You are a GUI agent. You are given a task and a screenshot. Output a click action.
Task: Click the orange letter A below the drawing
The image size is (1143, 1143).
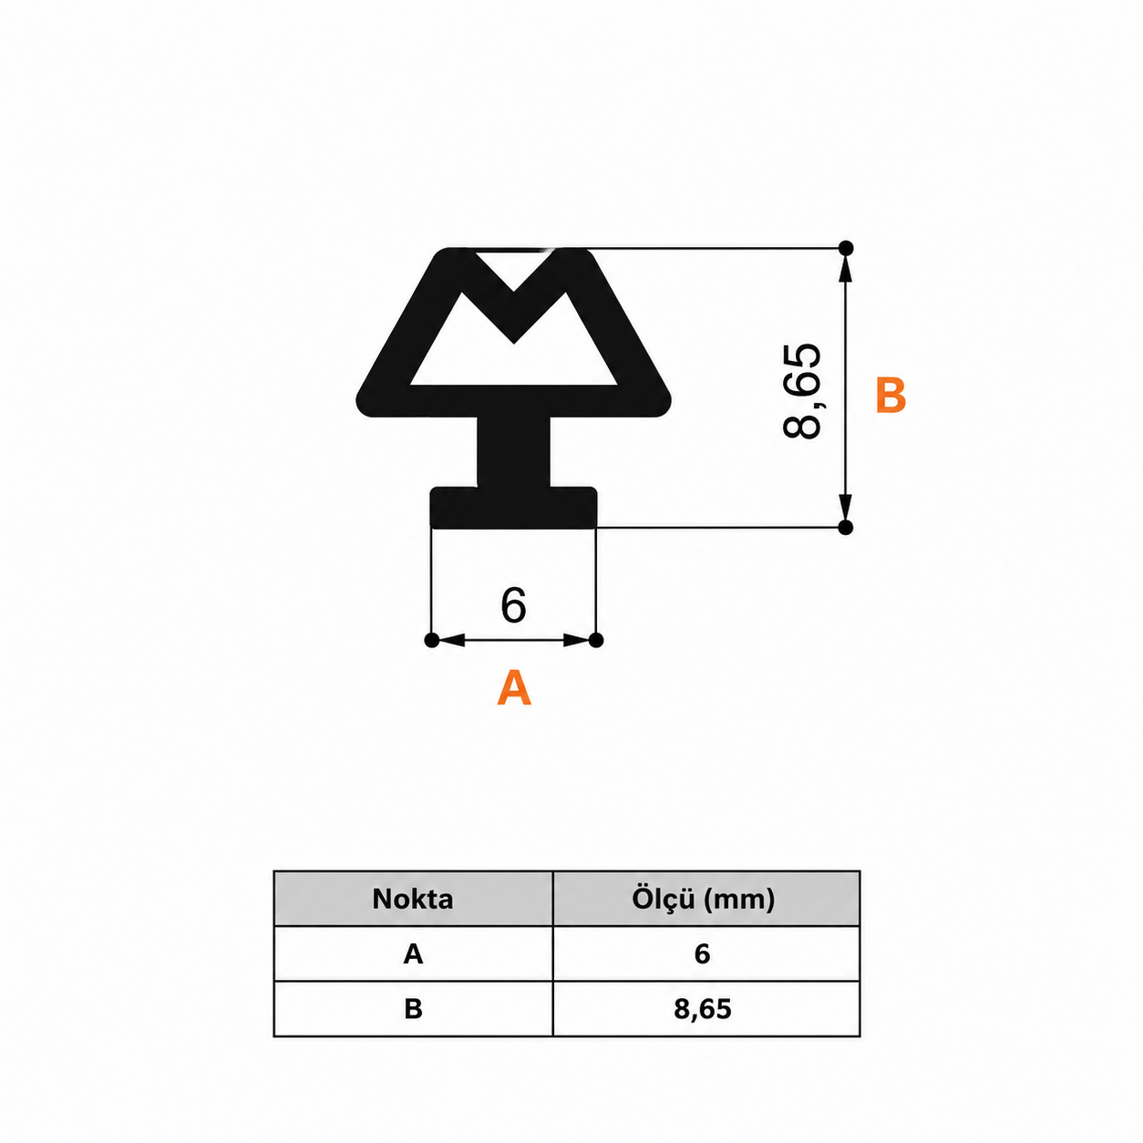point(514,687)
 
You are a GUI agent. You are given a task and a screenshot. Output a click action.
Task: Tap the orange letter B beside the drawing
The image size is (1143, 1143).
point(891,395)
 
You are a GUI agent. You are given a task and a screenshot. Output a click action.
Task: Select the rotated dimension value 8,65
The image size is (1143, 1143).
point(802,391)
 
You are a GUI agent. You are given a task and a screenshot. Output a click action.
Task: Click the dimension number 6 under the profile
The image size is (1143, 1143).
point(513,605)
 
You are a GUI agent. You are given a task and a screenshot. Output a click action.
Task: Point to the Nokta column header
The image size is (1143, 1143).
point(413,900)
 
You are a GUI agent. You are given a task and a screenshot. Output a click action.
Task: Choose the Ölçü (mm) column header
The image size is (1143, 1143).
point(703,900)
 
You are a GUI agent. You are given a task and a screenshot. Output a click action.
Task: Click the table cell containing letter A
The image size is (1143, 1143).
point(414,954)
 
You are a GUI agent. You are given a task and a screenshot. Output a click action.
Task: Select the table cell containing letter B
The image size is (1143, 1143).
point(414,1009)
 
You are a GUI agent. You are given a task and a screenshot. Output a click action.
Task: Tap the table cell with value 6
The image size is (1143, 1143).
point(705,954)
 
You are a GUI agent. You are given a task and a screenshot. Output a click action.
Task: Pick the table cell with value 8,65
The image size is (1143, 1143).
point(705,1009)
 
